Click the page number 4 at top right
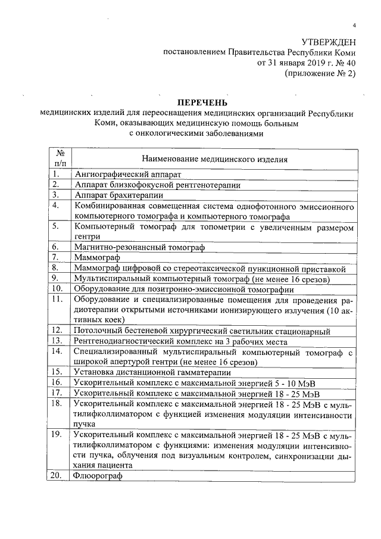coord(354,26)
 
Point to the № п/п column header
coord(60,158)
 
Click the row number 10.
coord(57,288)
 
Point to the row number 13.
coord(57,341)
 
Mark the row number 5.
coord(55,226)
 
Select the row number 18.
coord(57,403)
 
